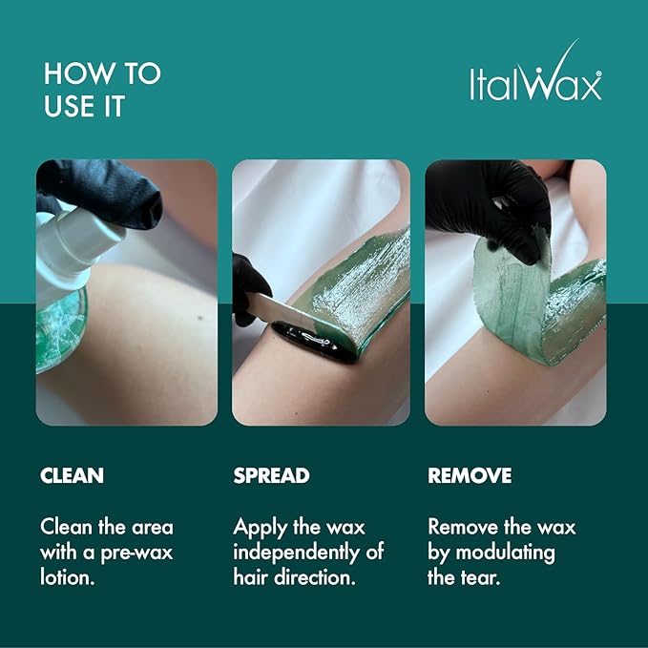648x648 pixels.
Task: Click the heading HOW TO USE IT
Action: pyautogui.click(x=102, y=90)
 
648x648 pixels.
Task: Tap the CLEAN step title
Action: pyautogui.click(x=72, y=476)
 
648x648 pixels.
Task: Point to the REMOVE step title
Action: pyautogui.click(x=470, y=476)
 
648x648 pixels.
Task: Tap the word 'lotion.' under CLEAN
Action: pyautogui.click(x=67, y=577)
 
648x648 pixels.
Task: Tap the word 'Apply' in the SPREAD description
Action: pyautogui.click(x=259, y=528)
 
